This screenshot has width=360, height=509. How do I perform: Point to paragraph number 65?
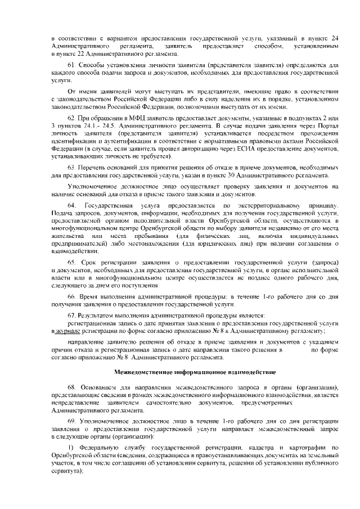(x=71, y=263)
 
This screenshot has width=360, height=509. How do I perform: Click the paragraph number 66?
(x=71, y=295)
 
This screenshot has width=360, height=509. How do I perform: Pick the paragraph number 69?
(x=71, y=420)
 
